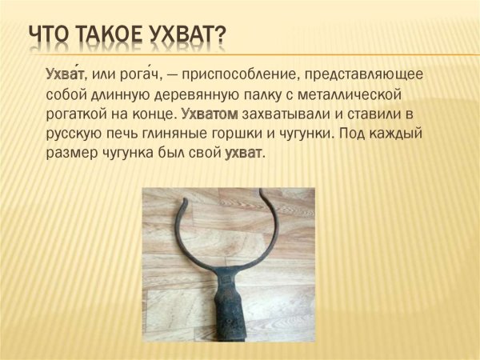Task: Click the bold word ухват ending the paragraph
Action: pos(243,151)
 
